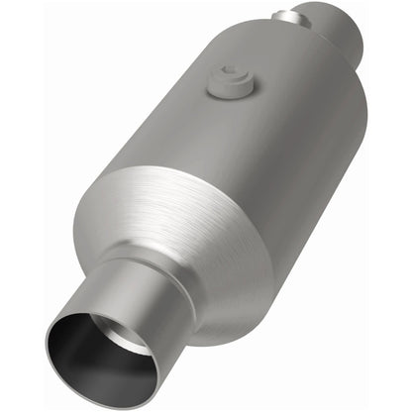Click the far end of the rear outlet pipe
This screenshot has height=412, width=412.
coord(352,25)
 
